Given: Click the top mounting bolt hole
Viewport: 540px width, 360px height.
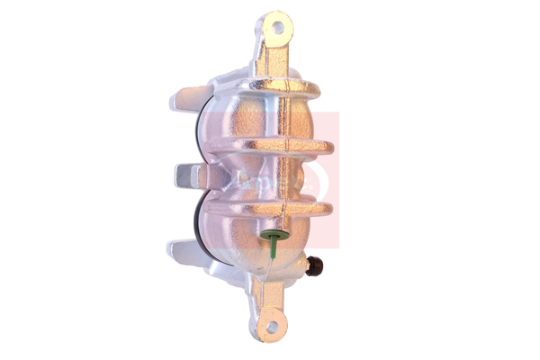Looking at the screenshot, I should click(x=278, y=27).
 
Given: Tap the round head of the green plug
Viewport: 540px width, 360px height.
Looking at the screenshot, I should click(x=273, y=237).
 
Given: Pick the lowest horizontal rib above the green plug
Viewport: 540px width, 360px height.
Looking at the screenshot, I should click(x=270, y=209).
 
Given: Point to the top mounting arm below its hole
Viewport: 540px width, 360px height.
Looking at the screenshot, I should click(x=273, y=58).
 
